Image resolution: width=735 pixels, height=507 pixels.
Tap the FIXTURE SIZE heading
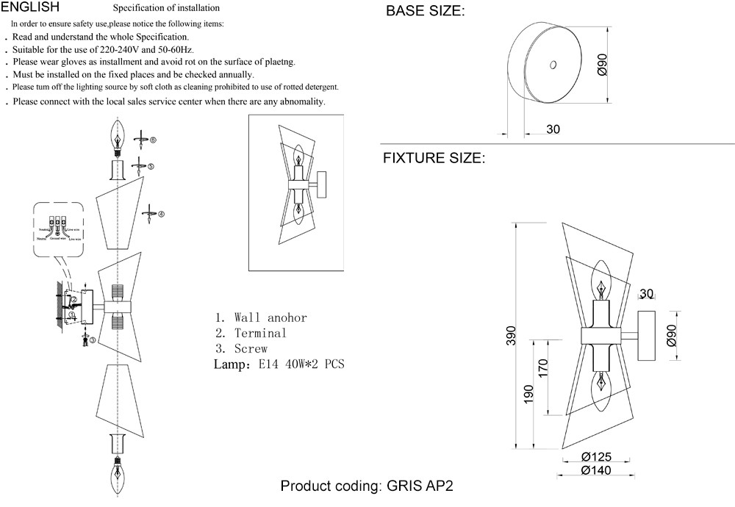[x=434, y=158]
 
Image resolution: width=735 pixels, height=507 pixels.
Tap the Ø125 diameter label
[x=596, y=457]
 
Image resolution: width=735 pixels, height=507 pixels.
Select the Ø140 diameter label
[x=596, y=470]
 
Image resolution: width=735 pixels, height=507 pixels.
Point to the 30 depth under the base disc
[x=553, y=129]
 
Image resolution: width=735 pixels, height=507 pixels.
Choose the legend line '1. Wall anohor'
[x=261, y=318]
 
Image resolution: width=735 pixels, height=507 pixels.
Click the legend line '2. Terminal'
[x=251, y=334]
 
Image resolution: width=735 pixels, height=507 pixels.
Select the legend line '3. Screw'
[x=241, y=349]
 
